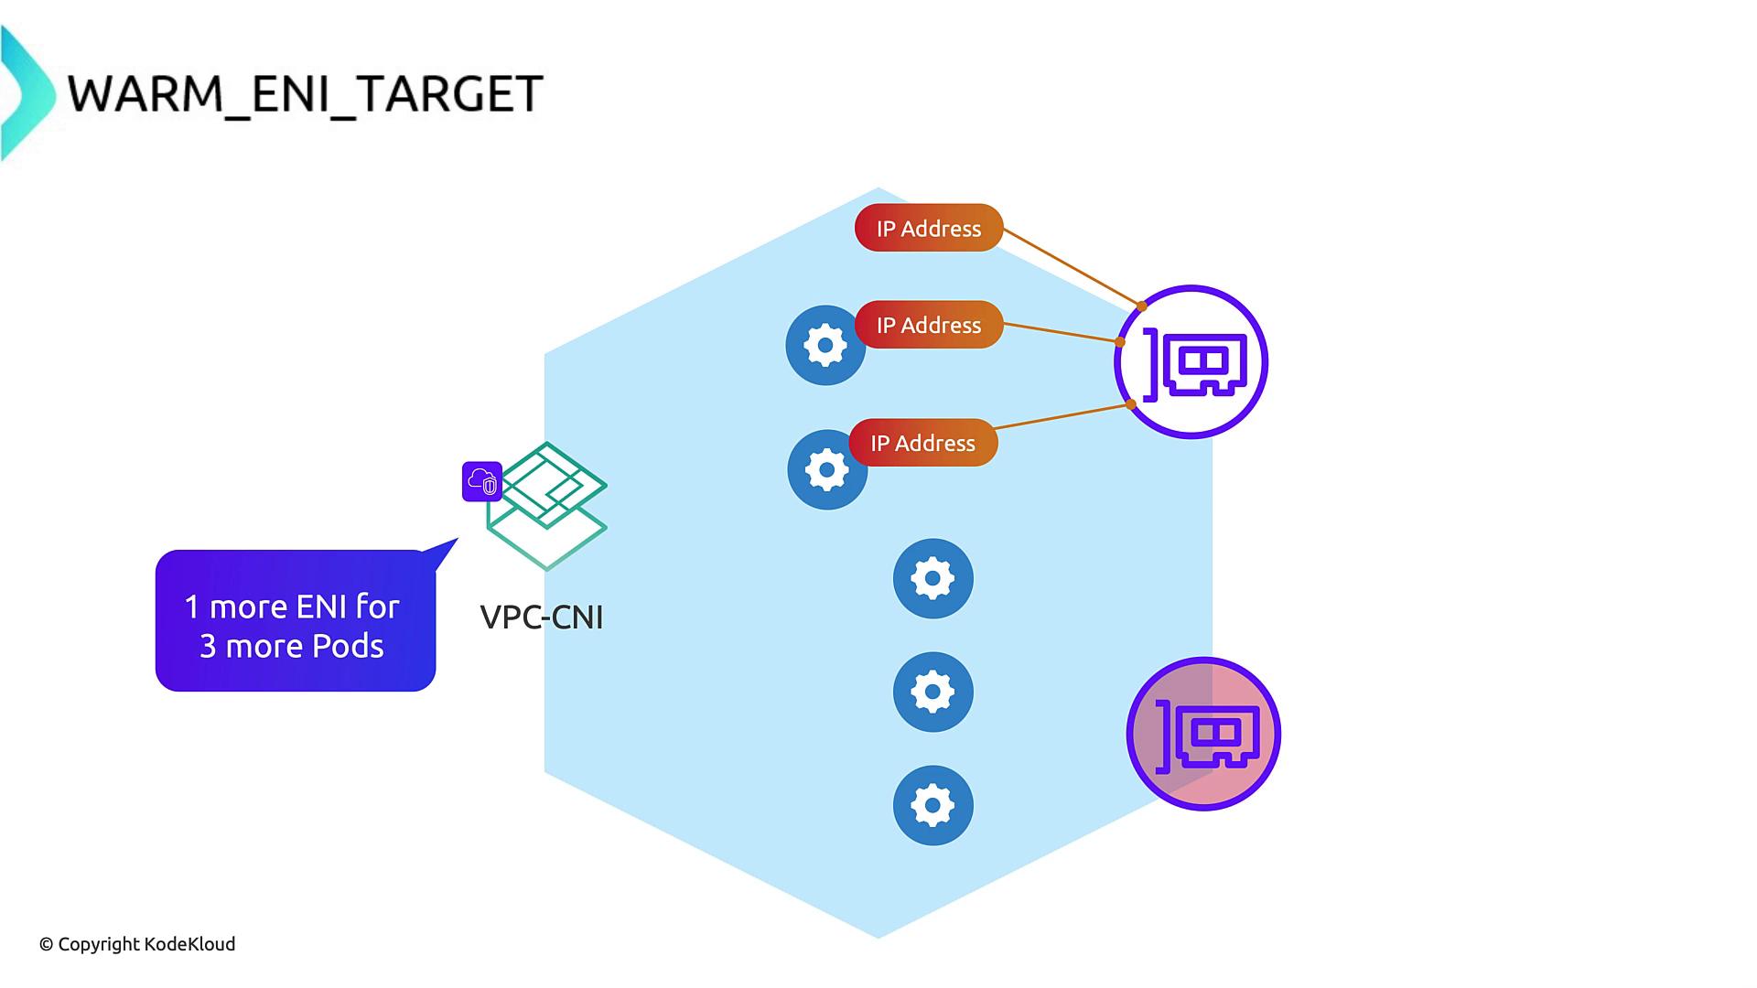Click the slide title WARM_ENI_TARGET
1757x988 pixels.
coord(306,93)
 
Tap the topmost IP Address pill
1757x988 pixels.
coord(928,228)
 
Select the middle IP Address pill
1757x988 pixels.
coord(928,325)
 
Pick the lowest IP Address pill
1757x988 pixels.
coord(922,443)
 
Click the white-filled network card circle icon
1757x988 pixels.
coord(1191,362)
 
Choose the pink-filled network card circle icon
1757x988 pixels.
coord(1203,734)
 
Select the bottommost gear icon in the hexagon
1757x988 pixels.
coord(932,805)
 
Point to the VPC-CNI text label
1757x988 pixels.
coord(542,617)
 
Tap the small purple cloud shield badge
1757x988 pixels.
coord(482,481)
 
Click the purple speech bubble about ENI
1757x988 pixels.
coord(295,620)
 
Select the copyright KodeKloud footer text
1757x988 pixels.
coord(137,944)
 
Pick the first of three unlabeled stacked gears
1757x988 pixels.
coord(932,578)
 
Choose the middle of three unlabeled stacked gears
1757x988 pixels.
coord(932,692)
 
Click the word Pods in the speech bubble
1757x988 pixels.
coord(349,647)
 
